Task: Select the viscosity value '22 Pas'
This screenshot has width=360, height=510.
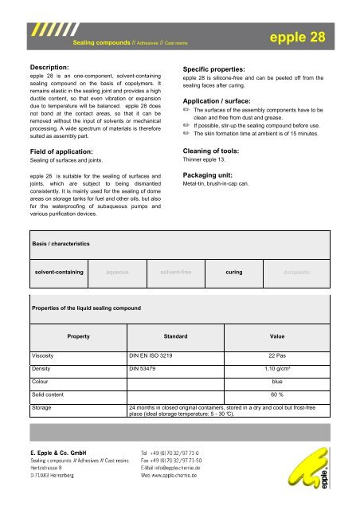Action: tap(278, 355)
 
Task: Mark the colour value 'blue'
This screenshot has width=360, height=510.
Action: tap(278, 382)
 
